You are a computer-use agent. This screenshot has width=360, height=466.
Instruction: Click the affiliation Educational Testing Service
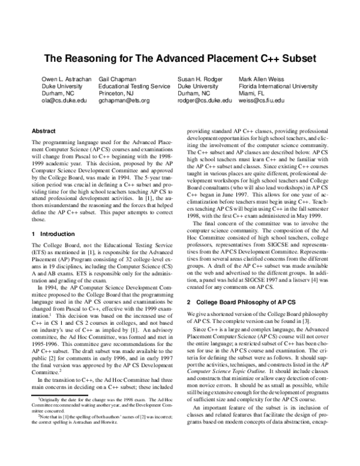(x=134, y=86)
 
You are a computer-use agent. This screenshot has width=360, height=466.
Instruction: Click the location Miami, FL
(x=253, y=94)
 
